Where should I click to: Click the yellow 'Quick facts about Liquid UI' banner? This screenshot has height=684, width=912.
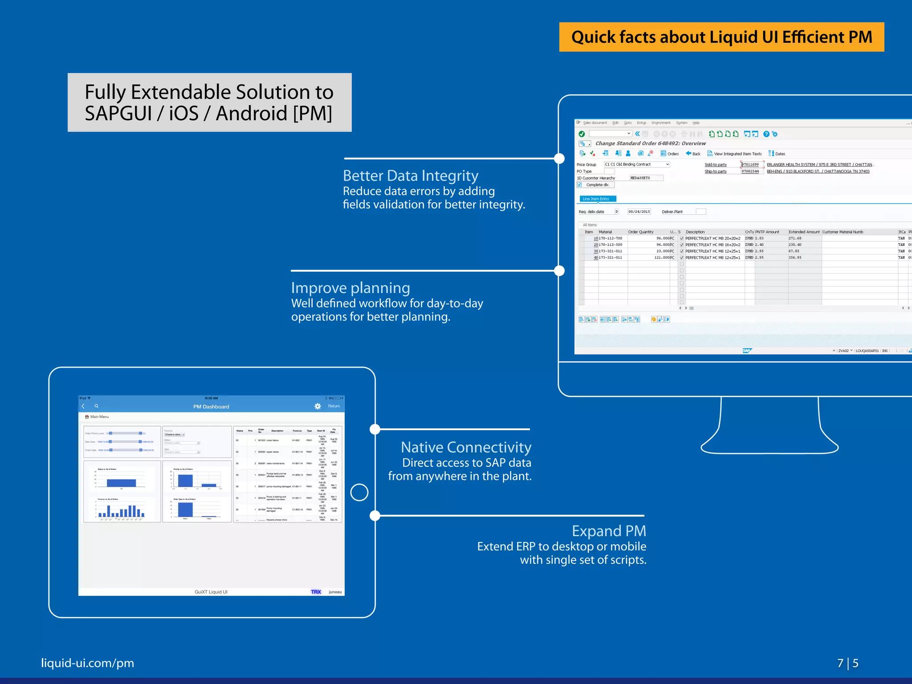[721, 37]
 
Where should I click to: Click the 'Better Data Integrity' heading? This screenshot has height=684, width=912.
[410, 176]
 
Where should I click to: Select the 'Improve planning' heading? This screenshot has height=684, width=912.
[350, 288]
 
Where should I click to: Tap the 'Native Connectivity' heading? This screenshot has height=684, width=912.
[466, 447]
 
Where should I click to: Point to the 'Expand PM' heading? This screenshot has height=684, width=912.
[609, 531]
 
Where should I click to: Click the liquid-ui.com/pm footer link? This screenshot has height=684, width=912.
[87, 663]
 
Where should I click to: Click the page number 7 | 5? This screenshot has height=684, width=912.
[847, 664]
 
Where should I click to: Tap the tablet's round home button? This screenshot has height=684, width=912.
[359, 493]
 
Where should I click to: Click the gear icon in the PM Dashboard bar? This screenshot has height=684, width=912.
[318, 406]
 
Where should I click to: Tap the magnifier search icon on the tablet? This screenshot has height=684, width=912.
[96, 406]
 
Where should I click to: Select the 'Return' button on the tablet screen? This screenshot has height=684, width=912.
[334, 406]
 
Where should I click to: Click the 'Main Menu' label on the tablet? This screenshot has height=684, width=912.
[99, 417]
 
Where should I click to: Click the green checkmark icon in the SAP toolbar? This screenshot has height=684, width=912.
[582, 134]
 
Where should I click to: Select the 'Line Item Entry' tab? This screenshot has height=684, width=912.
[596, 199]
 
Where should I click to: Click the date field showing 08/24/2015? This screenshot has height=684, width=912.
[639, 212]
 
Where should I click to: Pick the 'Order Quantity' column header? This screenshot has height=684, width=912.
[641, 232]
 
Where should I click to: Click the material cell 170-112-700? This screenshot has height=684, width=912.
[611, 238]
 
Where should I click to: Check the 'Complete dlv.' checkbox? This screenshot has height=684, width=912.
[579, 185]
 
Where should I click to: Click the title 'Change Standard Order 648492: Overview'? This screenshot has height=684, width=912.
[651, 143]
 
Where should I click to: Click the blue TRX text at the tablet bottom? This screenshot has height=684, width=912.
[316, 592]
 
